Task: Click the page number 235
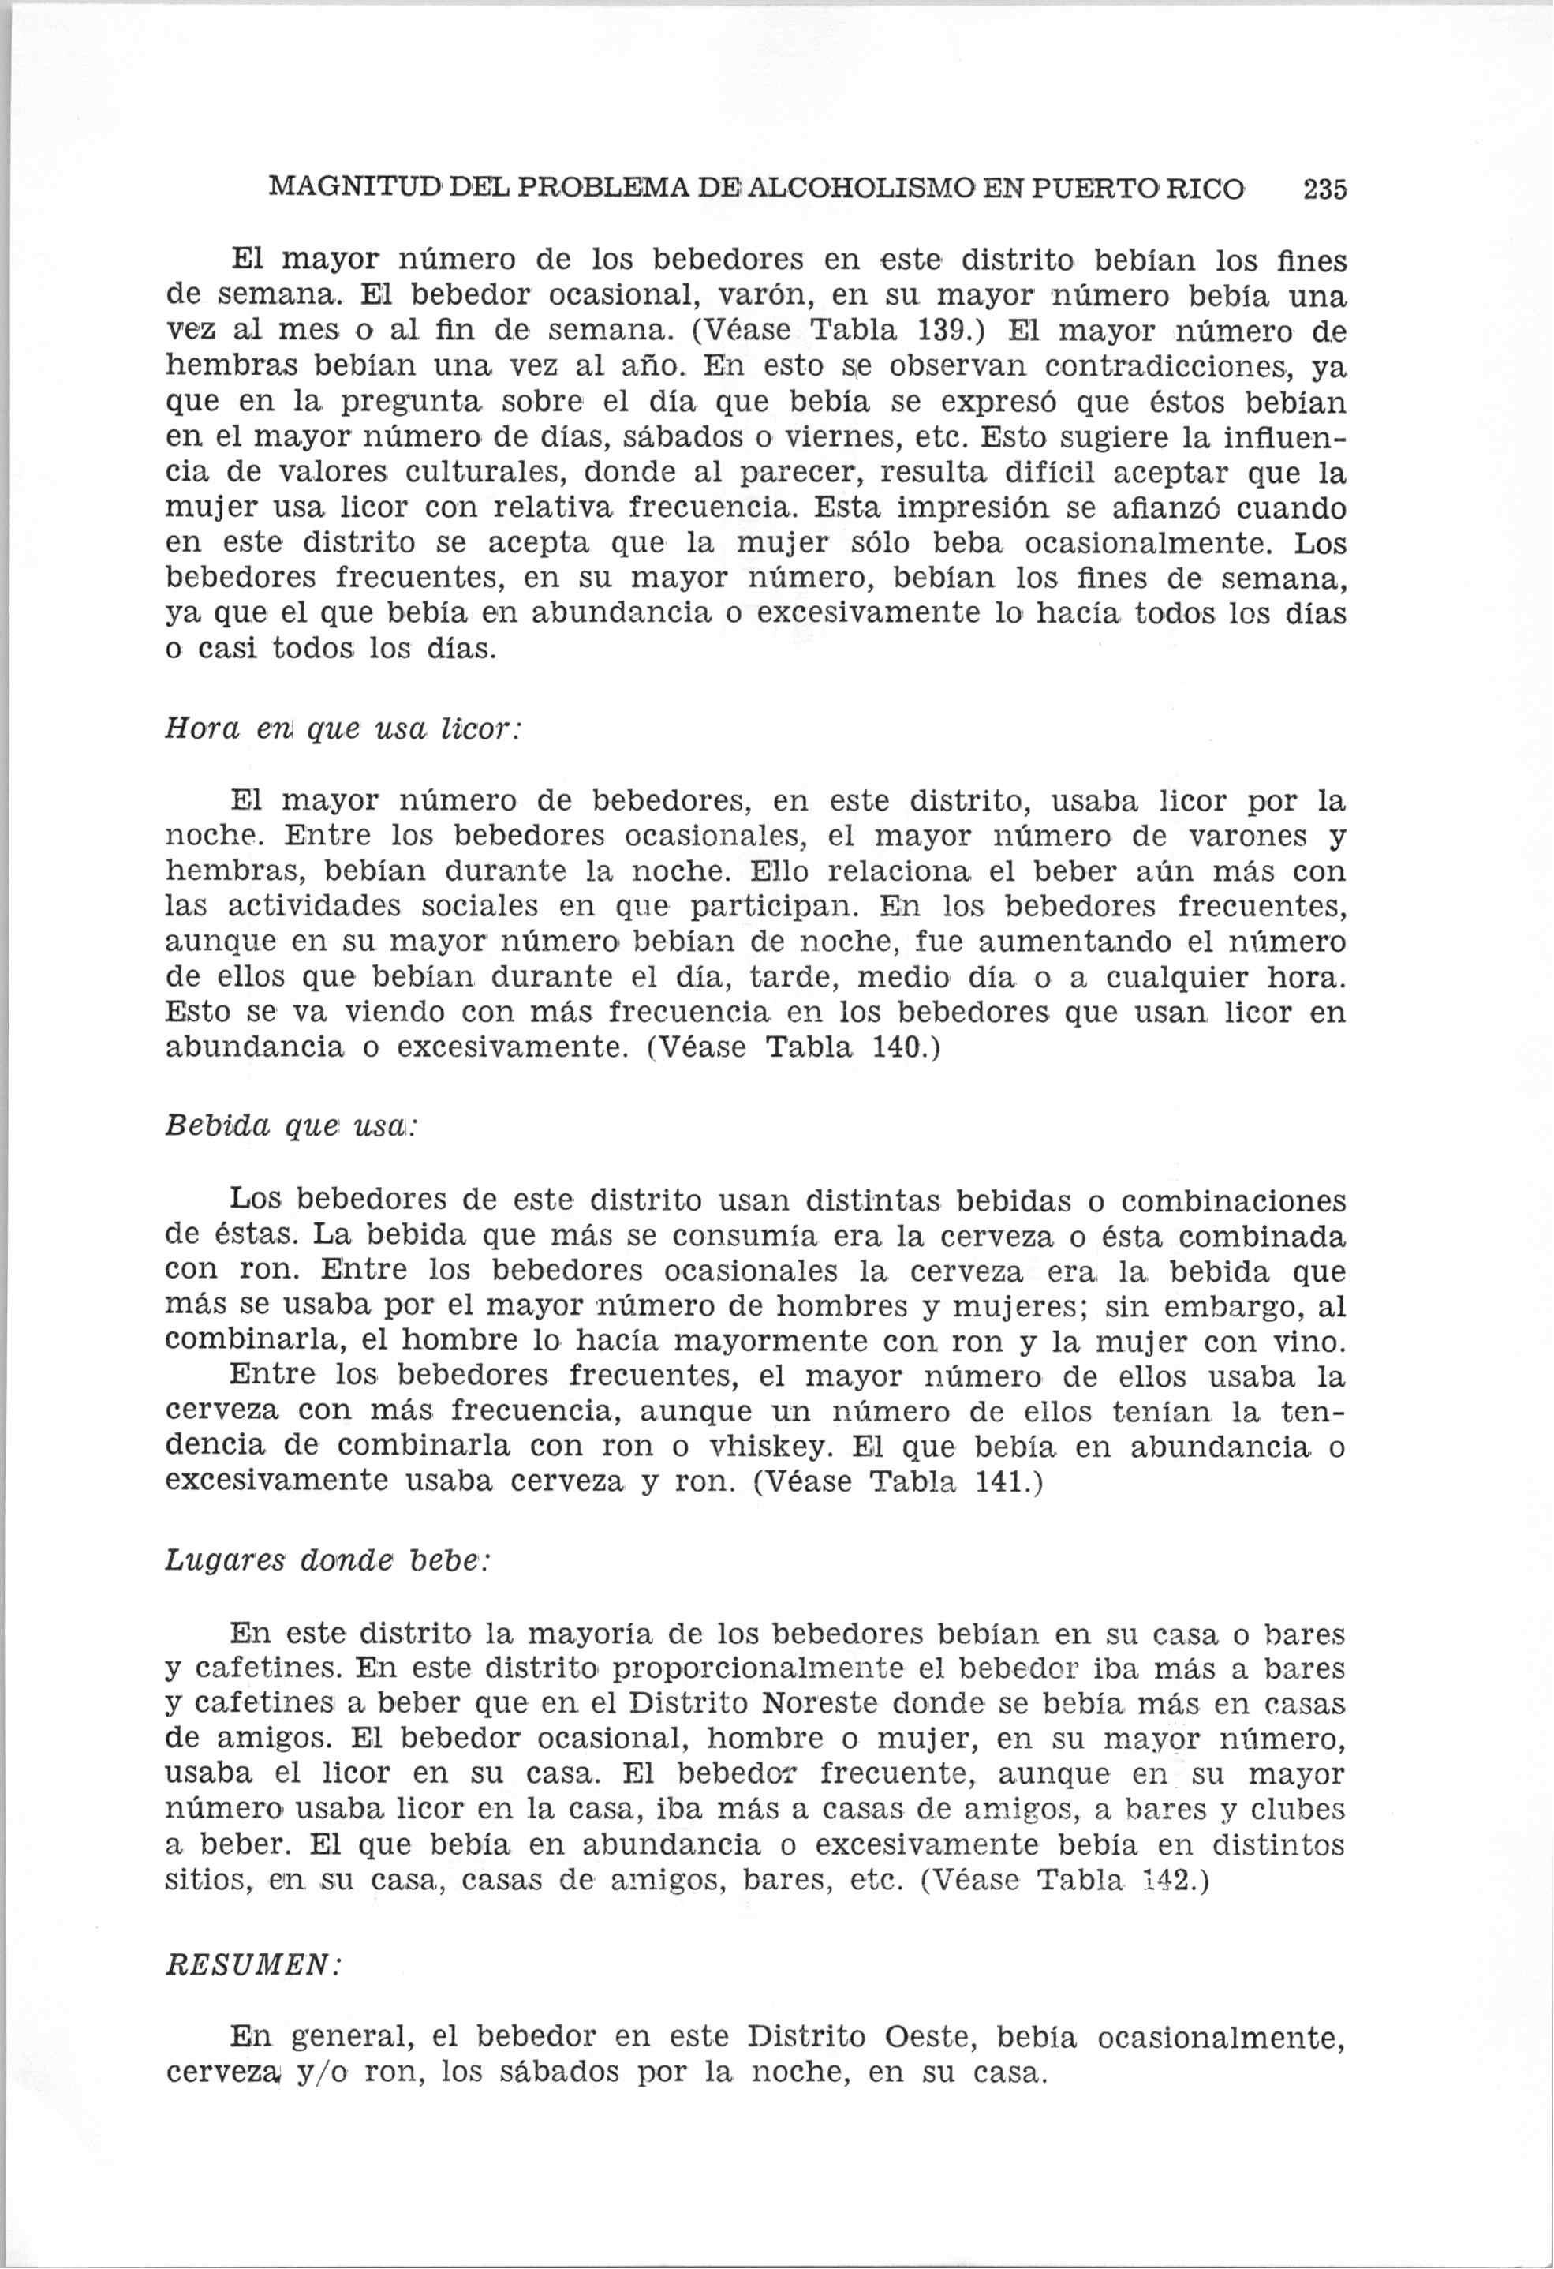coord(1324,189)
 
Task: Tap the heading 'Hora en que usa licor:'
coord(344,729)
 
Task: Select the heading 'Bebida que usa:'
coord(292,1125)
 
